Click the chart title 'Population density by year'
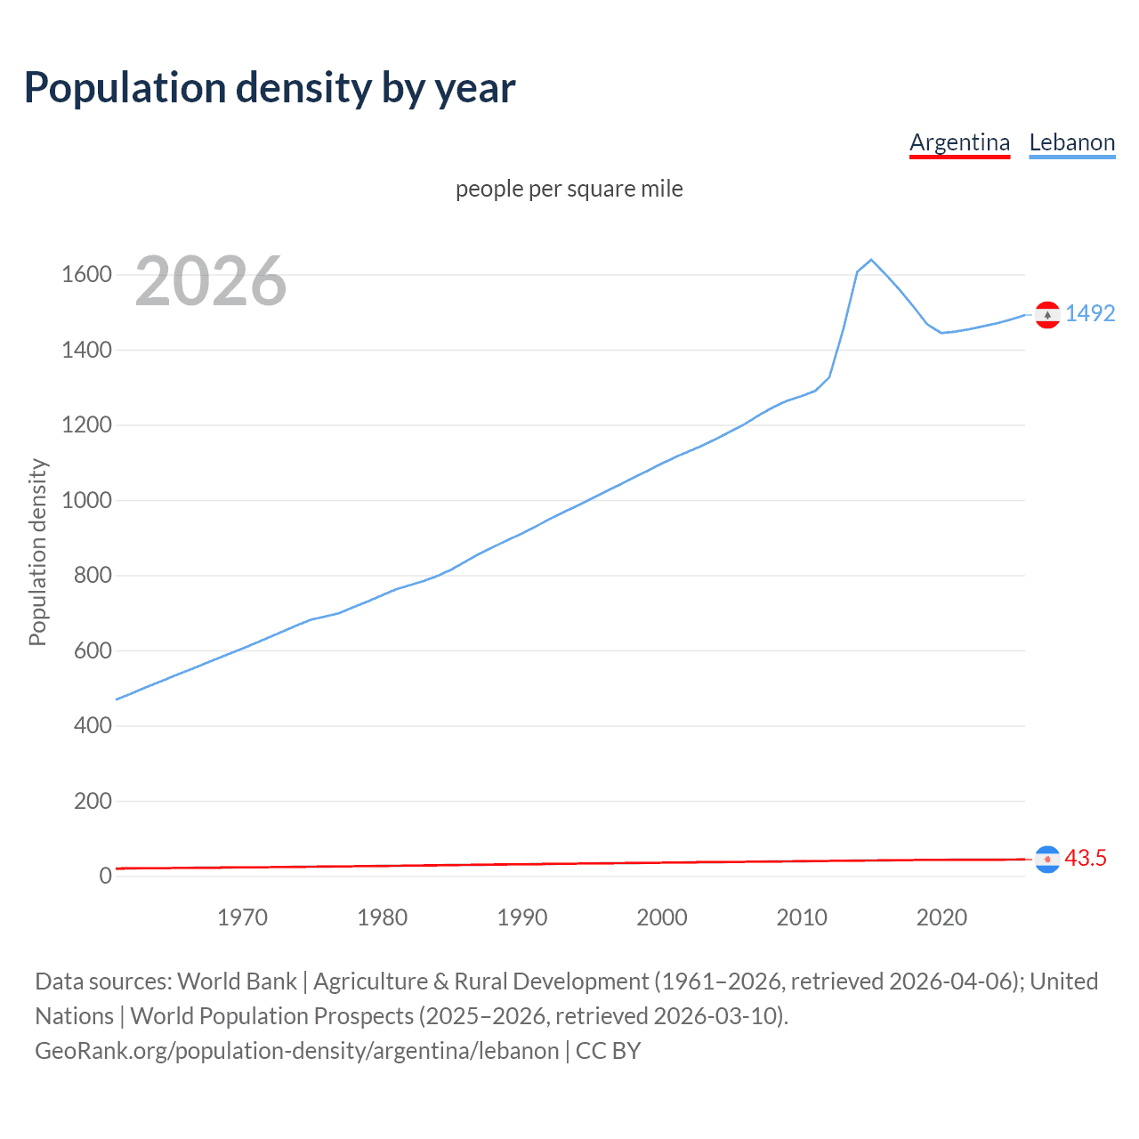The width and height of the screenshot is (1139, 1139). tap(270, 88)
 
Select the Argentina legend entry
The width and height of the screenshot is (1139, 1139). tap(959, 142)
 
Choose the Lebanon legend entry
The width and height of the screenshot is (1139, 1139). tap(1071, 142)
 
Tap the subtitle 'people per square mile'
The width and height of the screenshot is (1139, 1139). tap(569, 189)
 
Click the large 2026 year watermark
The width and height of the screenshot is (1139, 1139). tap(211, 281)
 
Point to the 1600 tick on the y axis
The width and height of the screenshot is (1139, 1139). tap(86, 274)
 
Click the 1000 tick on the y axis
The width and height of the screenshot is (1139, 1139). tap(86, 500)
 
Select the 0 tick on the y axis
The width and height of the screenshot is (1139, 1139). tap(105, 876)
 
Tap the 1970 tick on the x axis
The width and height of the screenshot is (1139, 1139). tap(242, 917)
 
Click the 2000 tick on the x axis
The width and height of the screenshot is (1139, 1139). tap(662, 917)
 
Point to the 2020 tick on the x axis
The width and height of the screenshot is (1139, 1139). tap(941, 917)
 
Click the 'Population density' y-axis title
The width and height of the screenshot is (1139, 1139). tap(37, 552)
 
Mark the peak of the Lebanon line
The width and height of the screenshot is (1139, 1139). tap(871, 260)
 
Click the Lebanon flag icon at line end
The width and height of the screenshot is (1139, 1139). tap(1047, 315)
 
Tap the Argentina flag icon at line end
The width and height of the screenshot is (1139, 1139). tap(1047, 860)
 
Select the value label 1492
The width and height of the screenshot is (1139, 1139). tap(1090, 313)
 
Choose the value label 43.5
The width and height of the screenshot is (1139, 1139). tap(1086, 858)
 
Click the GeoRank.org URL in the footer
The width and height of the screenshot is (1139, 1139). tap(297, 1051)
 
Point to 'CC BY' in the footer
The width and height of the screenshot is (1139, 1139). tap(609, 1051)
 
